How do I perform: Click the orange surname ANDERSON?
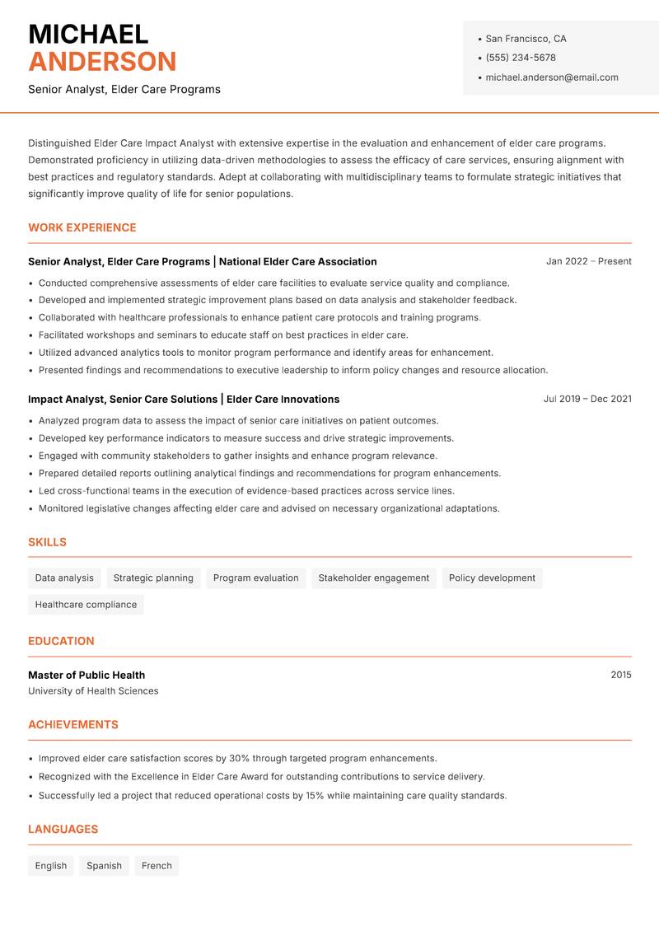[x=102, y=62]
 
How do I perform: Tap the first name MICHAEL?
[x=88, y=34]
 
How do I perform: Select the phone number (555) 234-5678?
[x=520, y=58]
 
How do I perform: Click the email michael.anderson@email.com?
[x=551, y=77]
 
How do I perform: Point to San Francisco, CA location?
[x=526, y=39]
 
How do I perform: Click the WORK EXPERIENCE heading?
[x=82, y=227]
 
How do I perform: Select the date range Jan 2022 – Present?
[x=588, y=261]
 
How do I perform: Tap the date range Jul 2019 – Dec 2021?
[x=587, y=399]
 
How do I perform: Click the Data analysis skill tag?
[x=64, y=578]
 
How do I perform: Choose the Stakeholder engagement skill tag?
[x=373, y=578]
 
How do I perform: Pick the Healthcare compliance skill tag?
[x=86, y=605]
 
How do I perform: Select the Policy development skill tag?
[x=492, y=578]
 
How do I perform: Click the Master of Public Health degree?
[x=86, y=675]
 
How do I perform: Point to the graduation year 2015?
[x=620, y=675]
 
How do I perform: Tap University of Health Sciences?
[x=93, y=691]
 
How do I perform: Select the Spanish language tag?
[x=104, y=866]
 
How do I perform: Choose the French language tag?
[x=157, y=866]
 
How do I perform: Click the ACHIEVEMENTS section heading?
[x=73, y=725]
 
